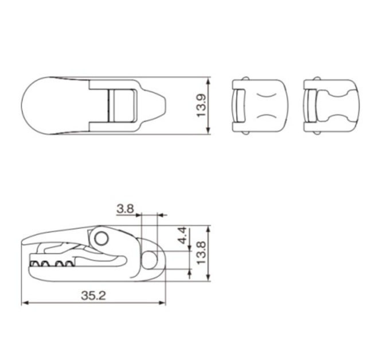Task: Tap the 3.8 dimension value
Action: coord(124,209)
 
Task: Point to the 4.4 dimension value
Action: coord(182,236)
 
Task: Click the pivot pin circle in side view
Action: coord(101,238)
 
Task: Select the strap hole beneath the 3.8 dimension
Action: coord(149,259)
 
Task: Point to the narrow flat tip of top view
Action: coord(166,105)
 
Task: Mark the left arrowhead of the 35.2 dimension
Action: coord(25,303)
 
